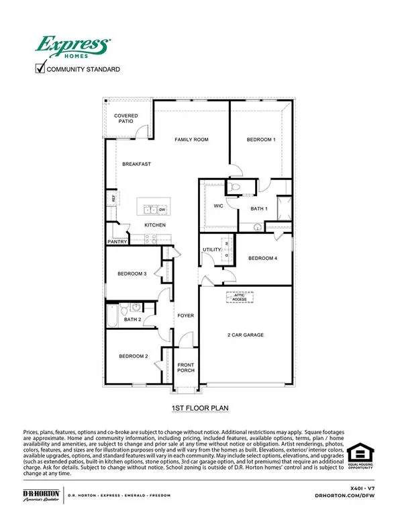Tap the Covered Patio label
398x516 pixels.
pos(126,119)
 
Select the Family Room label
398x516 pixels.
pos(191,140)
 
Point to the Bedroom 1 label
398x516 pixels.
pos(260,140)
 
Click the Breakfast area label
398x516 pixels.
pos(136,164)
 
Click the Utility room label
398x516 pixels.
pos(211,250)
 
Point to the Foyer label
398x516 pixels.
pos(185,315)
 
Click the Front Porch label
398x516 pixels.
pos(185,368)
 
